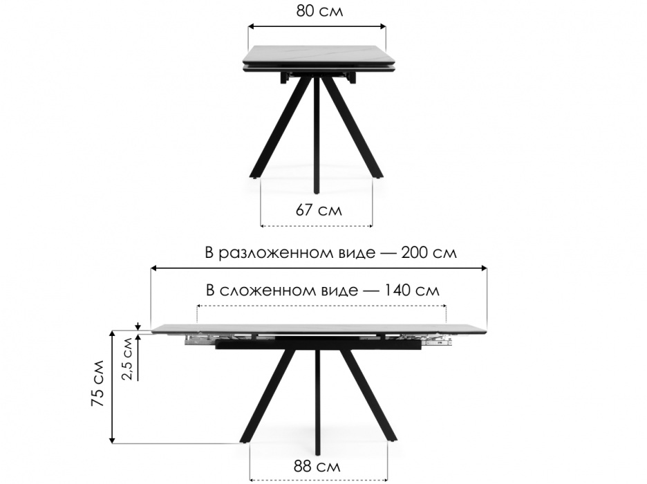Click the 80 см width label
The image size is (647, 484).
pyautogui.click(x=319, y=11)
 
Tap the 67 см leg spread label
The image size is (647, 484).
pyautogui.click(x=319, y=210)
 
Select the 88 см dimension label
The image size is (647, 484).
pyautogui.click(x=317, y=467)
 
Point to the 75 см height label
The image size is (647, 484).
pyautogui.click(x=97, y=383)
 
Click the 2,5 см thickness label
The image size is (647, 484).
pyautogui.click(x=128, y=359)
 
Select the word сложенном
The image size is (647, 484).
pyautogui.click(x=288, y=290)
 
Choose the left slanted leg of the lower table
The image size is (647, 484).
pyautogui.click(x=267, y=395)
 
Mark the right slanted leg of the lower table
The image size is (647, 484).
pyautogui.click(x=369, y=395)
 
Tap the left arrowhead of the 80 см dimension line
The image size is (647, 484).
pyautogui.click(x=251, y=26)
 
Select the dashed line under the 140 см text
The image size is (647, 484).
pyautogui.click(x=322, y=306)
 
